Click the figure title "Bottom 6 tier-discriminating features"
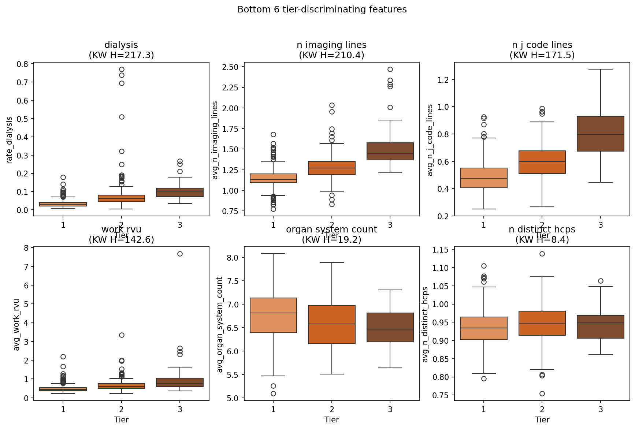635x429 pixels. (322, 10)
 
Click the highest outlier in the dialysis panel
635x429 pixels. (122, 69)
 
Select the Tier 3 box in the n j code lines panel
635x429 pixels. (600, 134)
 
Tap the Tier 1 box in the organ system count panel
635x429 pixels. (273, 315)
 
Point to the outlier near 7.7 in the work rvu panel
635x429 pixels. (180, 254)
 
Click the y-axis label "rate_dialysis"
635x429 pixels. (10, 140)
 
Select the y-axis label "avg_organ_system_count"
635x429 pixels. (220, 324)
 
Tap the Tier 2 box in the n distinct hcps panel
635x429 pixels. (542, 323)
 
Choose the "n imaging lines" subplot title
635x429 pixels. (331, 45)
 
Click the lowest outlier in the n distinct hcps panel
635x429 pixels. (542, 393)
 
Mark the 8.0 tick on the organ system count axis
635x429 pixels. (233, 258)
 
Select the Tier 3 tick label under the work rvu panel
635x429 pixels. (180, 409)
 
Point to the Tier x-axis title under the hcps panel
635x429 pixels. (542, 419)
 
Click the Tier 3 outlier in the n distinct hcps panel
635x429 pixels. (601, 281)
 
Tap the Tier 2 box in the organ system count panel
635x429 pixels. (331, 324)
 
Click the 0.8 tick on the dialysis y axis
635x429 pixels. (22, 64)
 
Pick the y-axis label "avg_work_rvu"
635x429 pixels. (16, 324)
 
